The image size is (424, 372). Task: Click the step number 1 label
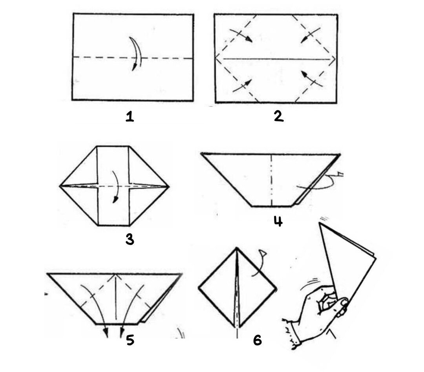130,117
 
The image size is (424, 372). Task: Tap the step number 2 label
278,117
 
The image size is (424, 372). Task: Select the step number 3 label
130,240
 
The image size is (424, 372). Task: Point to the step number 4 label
278,222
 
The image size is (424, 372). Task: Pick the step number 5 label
130,340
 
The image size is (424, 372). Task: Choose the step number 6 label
258,340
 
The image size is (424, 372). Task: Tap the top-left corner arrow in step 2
241,35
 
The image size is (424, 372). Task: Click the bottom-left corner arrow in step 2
242,86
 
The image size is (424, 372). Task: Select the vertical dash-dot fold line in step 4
271,180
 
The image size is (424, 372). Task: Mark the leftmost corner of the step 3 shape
60,186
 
